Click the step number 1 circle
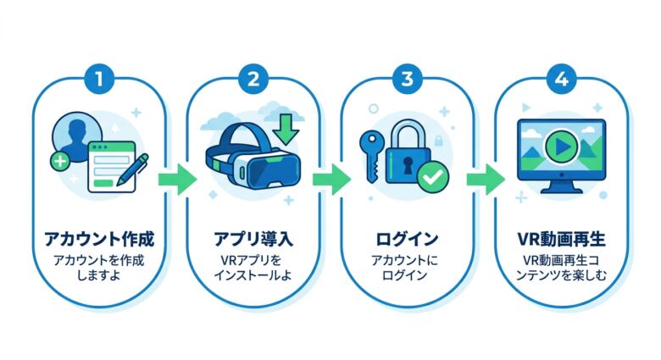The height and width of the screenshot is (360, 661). tap(99, 80)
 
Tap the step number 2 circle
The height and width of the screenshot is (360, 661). tap(253, 80)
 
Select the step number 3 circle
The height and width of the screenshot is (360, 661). tap(408, 80)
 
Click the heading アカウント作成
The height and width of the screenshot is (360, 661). tap(99, 237)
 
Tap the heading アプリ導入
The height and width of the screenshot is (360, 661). tap(253, 237)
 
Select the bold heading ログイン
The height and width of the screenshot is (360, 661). tap(408, 237)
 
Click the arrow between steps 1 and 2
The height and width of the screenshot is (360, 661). tap(176, 179)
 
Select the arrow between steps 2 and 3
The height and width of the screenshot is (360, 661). tap(330, 179)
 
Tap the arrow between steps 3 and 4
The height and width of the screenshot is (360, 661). tap(485, 179)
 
